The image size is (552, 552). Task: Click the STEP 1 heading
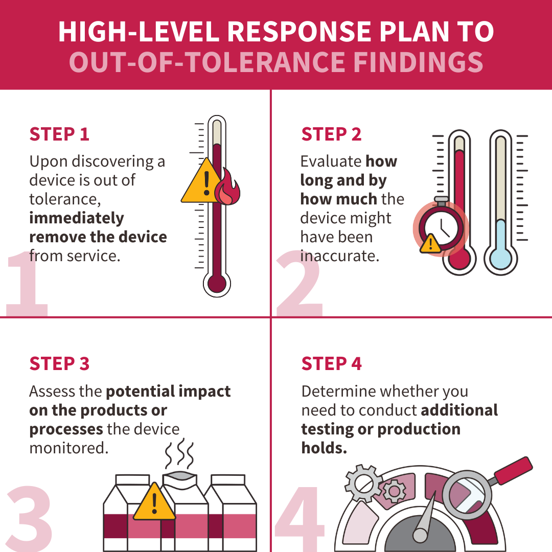(59, 134)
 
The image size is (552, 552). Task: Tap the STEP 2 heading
(331, 134)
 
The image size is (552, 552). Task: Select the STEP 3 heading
(59, 363)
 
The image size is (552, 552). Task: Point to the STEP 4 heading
(331, 363)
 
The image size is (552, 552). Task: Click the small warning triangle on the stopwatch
(430, 244)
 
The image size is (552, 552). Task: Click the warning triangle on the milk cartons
(154, 503)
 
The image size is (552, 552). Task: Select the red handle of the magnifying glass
(513, 471)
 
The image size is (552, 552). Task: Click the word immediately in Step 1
(77, 218)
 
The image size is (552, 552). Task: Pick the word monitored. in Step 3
(69, 448)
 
